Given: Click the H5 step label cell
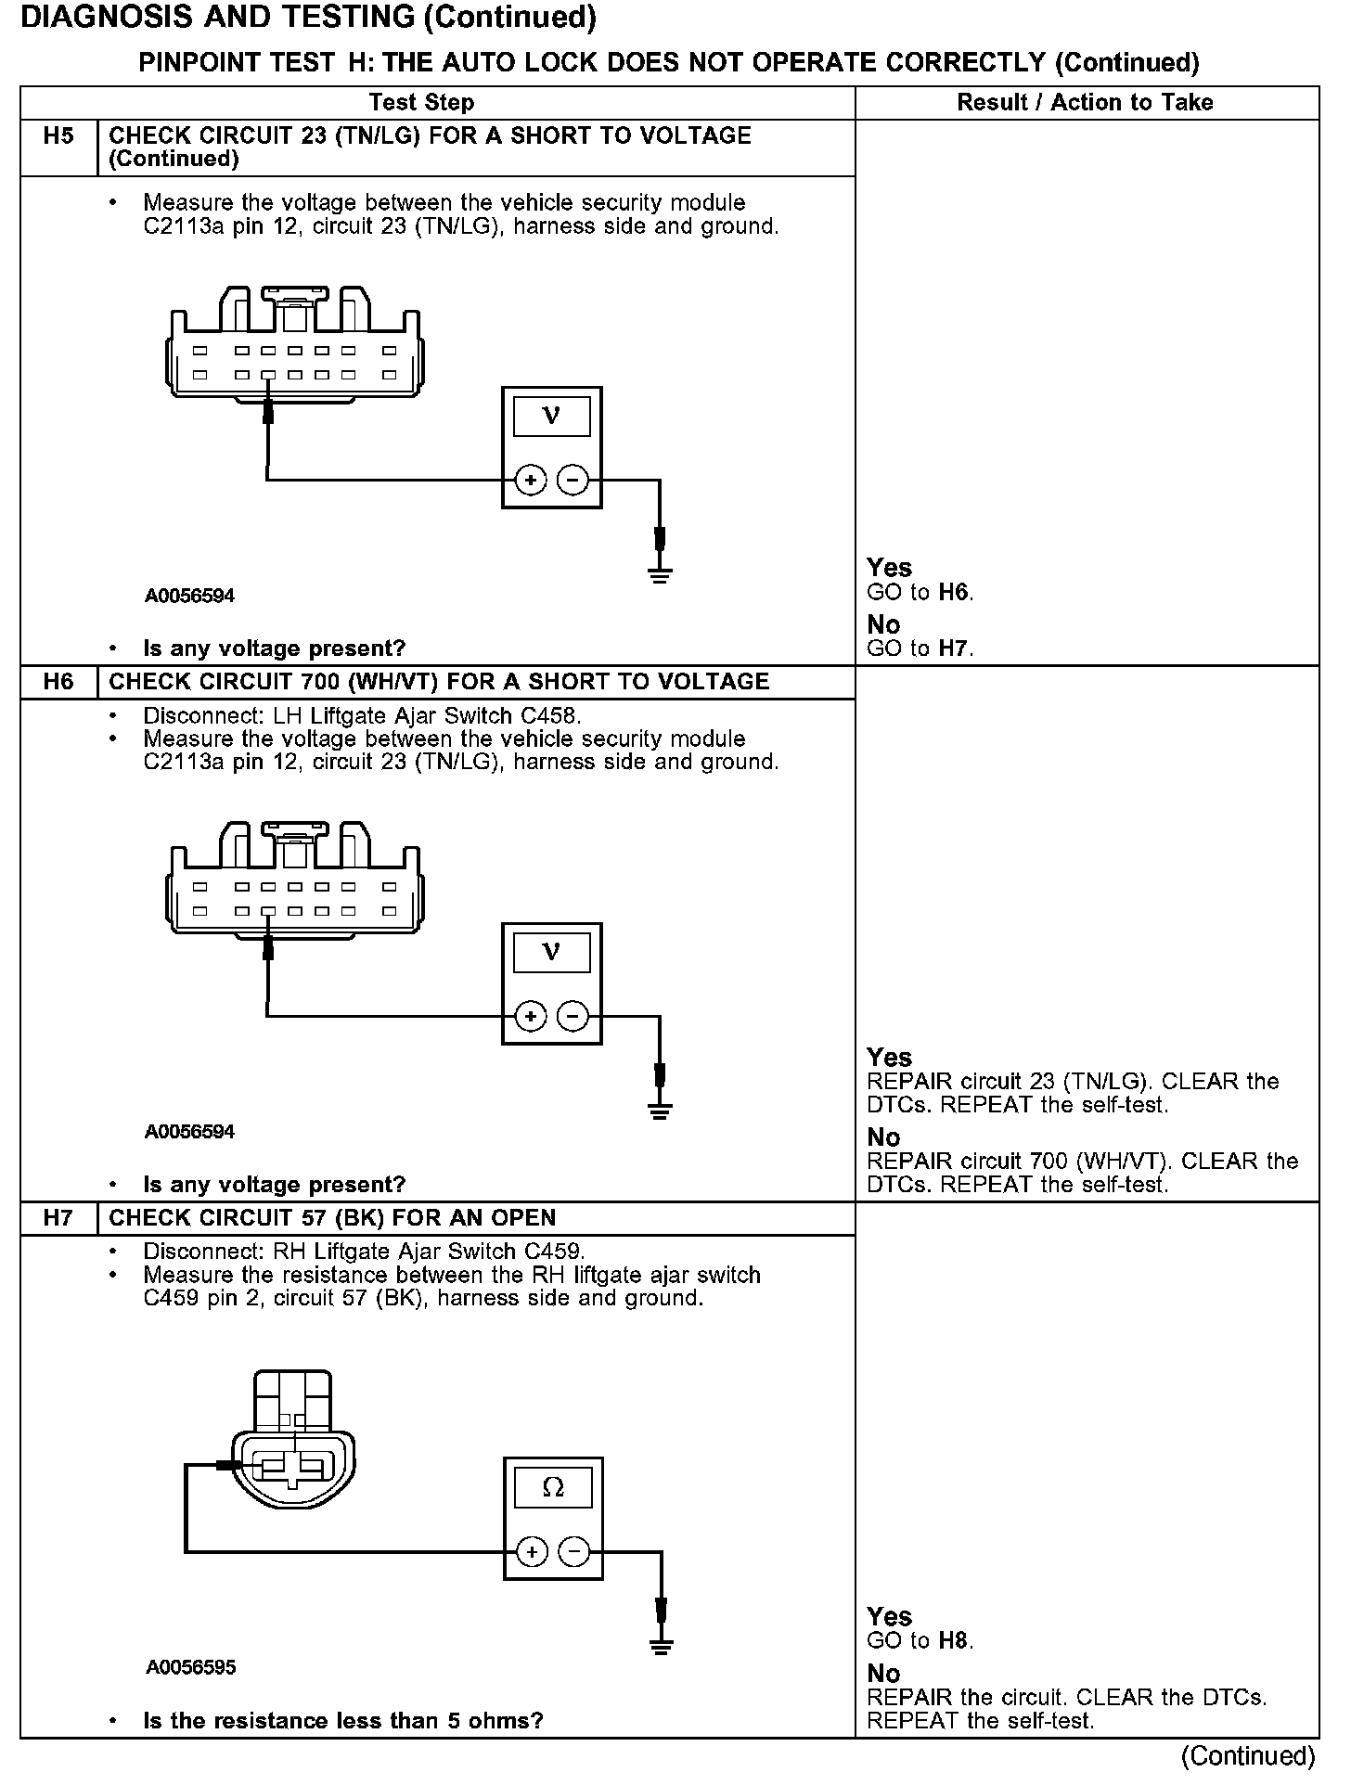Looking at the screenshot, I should pyautogui.click(x=58, y=136).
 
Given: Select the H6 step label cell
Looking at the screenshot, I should pyautogui.click(x=58, y=682).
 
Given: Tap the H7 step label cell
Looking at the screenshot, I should pyautogui.click(x=58, y=1218).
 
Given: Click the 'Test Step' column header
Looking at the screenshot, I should pyautogui.click(x=421, y=102).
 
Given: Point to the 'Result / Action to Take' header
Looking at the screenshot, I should pyautogui.click(x=1085, y=102).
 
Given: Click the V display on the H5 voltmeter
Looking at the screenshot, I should pyautogui.click(x=551, y=416).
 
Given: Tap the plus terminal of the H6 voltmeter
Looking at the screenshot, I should pyautogui.click(x=530, y=1017).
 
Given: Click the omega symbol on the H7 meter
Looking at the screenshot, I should pyautogui.click(x=552, y=1488).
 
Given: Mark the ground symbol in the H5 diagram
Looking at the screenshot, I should pyautogui.click(x=660, y=575).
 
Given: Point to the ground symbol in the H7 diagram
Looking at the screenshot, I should pyautogui.click(x=661, y=1648).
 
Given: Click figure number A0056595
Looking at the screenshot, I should pyautogui.click(x=190, y=1667).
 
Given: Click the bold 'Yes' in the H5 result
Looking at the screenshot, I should pyautogui.click(x=889, y=567).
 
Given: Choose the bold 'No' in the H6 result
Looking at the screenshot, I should pyautogui.click(x=883, y=1137).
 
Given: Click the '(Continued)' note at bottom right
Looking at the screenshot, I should pyautogui.click(x=1248, y=1755).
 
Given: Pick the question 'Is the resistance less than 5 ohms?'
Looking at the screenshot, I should pyautogui.click(x=342, y=1721).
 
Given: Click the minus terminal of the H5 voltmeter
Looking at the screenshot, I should pyautogui.click(x=573, y=481).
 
